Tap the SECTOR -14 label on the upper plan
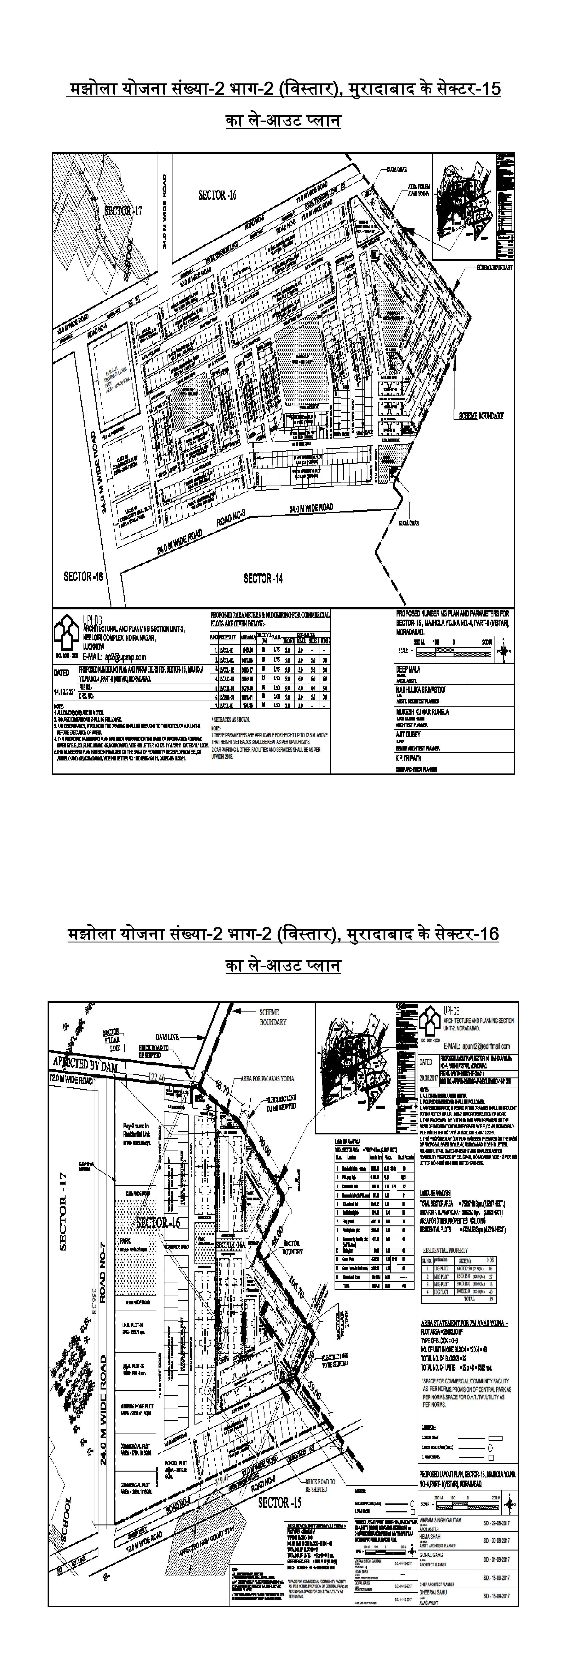click(263, 578)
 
